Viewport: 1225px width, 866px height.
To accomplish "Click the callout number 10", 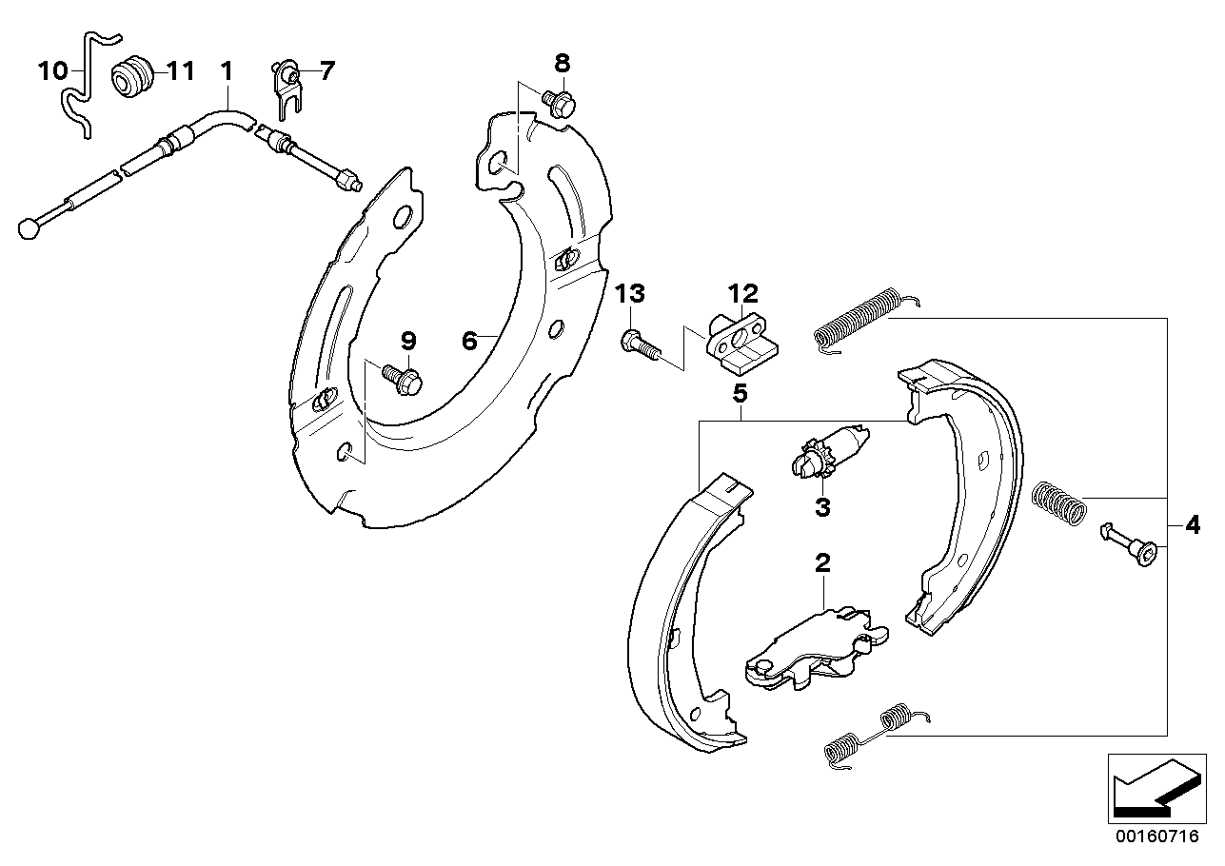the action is click(x=52, y=71).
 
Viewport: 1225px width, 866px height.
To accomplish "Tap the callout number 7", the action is click(x=326, y=71).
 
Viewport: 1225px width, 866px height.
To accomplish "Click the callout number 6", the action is click(x=469, y=341).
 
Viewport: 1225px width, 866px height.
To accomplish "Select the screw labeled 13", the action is click(x=641, y=344).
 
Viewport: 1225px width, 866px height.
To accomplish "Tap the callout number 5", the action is click(x=740, y=393).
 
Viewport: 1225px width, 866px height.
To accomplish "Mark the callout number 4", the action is click(x=1193, y=525).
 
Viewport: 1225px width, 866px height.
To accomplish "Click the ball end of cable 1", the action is click(x=29, y=228).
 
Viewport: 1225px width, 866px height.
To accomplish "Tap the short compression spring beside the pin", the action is click(x=1058, y=503).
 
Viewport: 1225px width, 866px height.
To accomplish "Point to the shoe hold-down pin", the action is click(x=1128, y=545).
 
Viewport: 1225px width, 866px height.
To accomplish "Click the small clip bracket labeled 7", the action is click(x=286, y=89).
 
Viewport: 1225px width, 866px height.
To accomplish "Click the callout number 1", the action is click(x=227, y=71).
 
